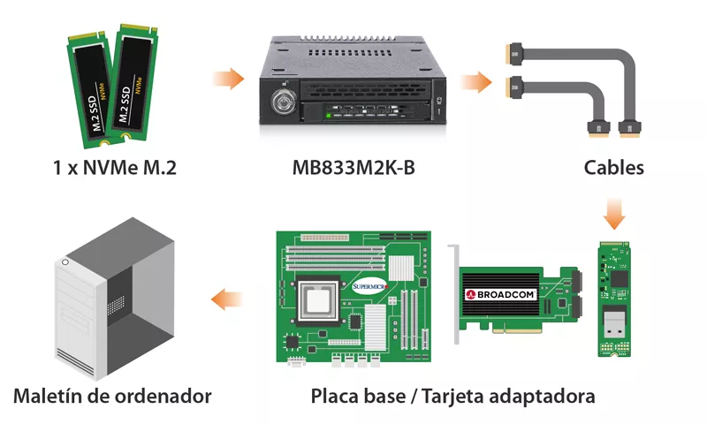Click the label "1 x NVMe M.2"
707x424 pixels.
[x=114, y=166]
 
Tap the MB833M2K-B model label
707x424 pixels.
[x=353, y=166]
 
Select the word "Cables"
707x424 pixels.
[x=613, y=166]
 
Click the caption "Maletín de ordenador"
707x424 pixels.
[x=112, y=395]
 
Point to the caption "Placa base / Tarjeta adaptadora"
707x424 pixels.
[x=452, y=395]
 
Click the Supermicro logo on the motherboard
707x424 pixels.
[x=370, y=285]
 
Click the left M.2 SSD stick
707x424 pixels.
[x=87, y=88]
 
